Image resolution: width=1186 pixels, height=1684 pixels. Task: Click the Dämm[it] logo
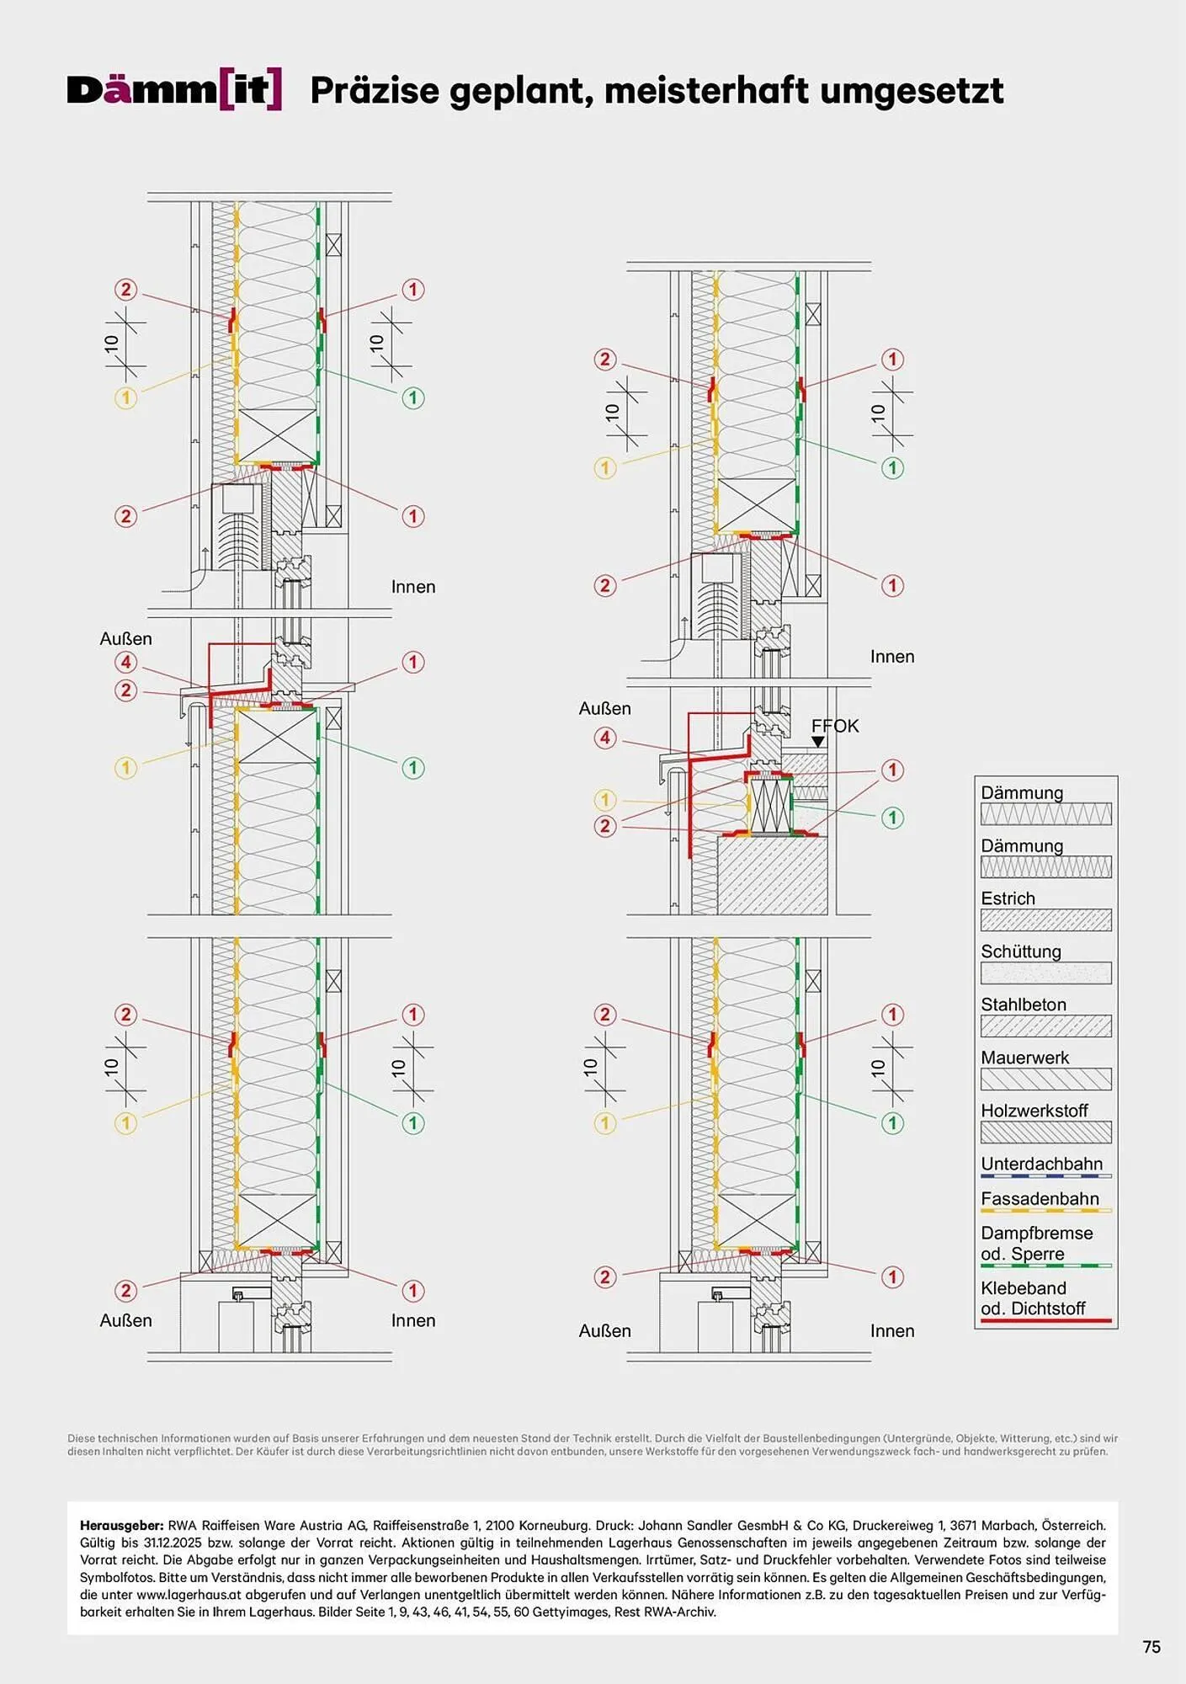[174, 90]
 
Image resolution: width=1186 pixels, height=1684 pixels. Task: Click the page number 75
[1151, 1647]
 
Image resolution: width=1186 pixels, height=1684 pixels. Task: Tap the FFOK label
[835, 726]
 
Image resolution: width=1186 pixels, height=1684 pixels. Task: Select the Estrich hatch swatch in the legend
[1045, 920]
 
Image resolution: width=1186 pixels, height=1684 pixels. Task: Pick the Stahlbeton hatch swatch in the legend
[1045, 1026]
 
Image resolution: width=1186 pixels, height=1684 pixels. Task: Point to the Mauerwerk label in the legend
[1024, 1058]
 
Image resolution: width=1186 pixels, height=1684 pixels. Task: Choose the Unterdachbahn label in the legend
[1041, 1164]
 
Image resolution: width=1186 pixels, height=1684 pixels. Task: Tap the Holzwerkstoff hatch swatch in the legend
[1045, 1132]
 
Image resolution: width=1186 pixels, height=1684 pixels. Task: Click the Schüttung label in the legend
[1021, 951]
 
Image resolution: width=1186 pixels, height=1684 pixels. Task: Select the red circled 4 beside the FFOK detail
[605, 738]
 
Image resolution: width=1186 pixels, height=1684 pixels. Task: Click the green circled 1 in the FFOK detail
[892, 818]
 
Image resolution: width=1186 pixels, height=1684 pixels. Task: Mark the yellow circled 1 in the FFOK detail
[605, 800]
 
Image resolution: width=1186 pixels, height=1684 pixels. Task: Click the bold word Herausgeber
[122, 1525]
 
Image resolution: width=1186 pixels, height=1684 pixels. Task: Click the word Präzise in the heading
[375, 90]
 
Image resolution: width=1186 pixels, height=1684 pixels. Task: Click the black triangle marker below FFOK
[817, 742]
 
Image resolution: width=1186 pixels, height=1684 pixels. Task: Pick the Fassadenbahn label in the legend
[1040, 1198]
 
